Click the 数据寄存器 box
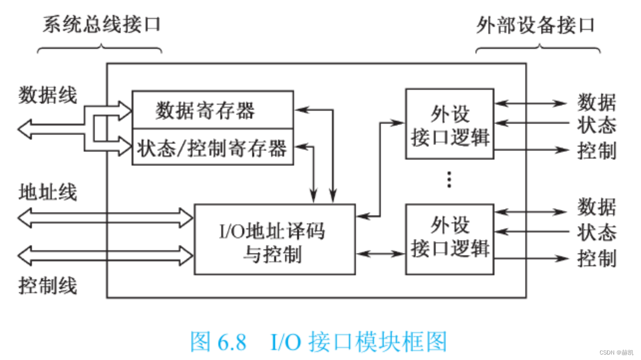(212, 110)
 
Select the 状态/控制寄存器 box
(212, 148)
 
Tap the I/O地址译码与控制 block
(274, 239)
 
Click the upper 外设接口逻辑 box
(450, 124)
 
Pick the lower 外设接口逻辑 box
(450, 239)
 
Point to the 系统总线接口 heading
(101, 24)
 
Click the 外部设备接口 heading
(535, 24)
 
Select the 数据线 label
(48, 95)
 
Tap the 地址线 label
(48, 192)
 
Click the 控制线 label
(48, 286)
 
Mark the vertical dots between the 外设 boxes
(449, 180)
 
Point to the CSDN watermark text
(616, 352)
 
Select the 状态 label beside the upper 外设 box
(597, 125)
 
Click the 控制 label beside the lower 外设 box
(597, 259)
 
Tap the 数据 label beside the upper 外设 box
(597, 103)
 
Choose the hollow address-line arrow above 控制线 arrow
(105, 217)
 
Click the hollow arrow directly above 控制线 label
(105, 255)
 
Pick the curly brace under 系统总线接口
(100, 48)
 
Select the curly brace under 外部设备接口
(538, 48)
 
